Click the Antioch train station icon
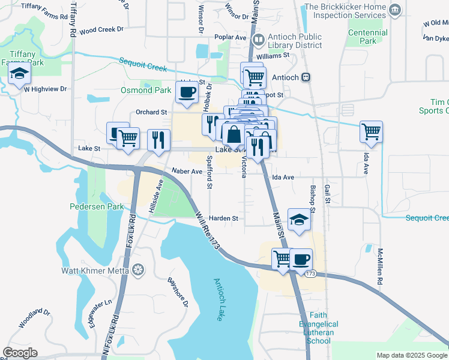pyautogui.click(x=306, y=77)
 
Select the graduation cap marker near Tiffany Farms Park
pyautogui.click(x=19, y=74)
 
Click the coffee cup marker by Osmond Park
pyautogui.click(x=186, y=92)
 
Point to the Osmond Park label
pyautogui.click(x=146, y=90)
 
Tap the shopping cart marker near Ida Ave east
pyautogui.click(x=371, y=131)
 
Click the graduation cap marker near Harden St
pyautogui.click(x=299, y=220)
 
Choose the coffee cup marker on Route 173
pyautogui.click(x=301, y=259)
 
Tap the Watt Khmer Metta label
pyautogui.click(x=95, y=271)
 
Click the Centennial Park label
pyautogui.click(x=368, y=36)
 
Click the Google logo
pyautogui.click(x=20, y=353)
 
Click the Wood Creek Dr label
pyautogui.click(x=101, y=29)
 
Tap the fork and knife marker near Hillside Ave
pyautogui.click(x=158, y=140)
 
